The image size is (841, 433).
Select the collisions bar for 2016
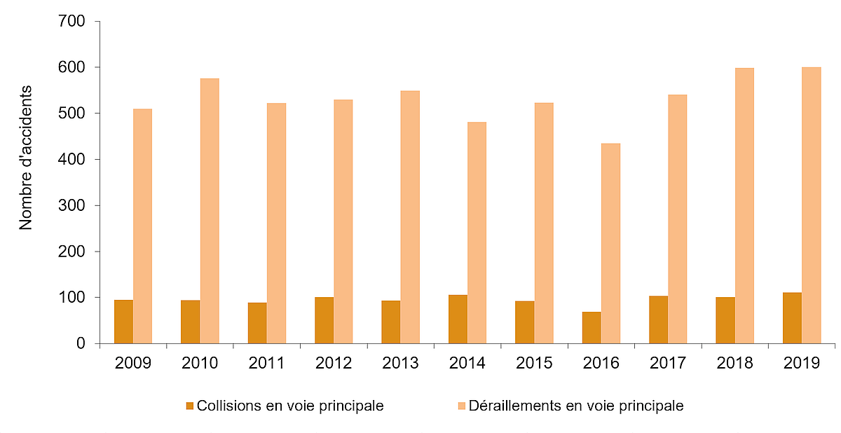[592, 327]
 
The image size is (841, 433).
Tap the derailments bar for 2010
[210, 211]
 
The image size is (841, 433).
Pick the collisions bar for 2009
[123, 322]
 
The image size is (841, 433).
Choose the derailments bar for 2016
[610, 243]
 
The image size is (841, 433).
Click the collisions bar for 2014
[458, 319]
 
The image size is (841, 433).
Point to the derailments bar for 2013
[410, 217]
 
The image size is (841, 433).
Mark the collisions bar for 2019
[792, 317]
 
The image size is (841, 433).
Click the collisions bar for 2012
[324, 320]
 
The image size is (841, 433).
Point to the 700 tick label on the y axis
[72, 22]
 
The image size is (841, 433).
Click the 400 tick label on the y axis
[72, 160]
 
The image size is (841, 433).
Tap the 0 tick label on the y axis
[81, 344]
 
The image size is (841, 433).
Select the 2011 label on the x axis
[266, 364]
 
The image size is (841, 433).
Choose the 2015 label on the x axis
[534, 364]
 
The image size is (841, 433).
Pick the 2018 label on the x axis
[734, 364]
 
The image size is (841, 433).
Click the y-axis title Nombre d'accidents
[26, 158]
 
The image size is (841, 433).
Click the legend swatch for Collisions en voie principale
[189, 406]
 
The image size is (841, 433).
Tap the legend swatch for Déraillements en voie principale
[461, 406]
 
